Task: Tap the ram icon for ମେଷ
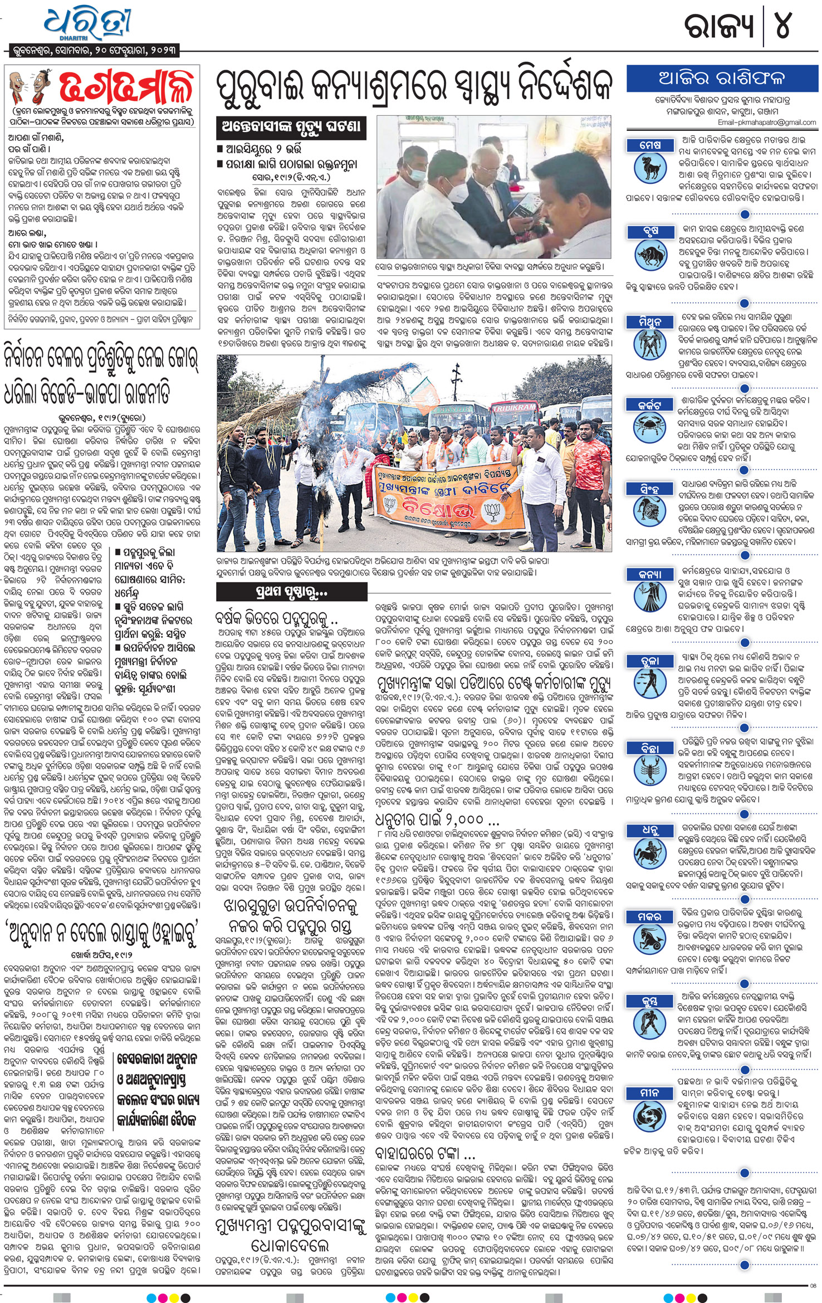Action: pyautogui.click(x=650, y=168)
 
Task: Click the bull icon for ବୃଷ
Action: pyautogui.click(x=650, y=255)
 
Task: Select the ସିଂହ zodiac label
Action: pyautogui.click(x=650, y=489)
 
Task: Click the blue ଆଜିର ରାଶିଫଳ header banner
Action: pyautogui.click(x=721, y=79)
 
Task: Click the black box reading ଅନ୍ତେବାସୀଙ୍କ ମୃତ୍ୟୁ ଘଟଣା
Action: pyautogui.click(x=291, y=128)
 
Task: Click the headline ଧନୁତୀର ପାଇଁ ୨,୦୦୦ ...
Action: pyautogui.click(x=438, y=819)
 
